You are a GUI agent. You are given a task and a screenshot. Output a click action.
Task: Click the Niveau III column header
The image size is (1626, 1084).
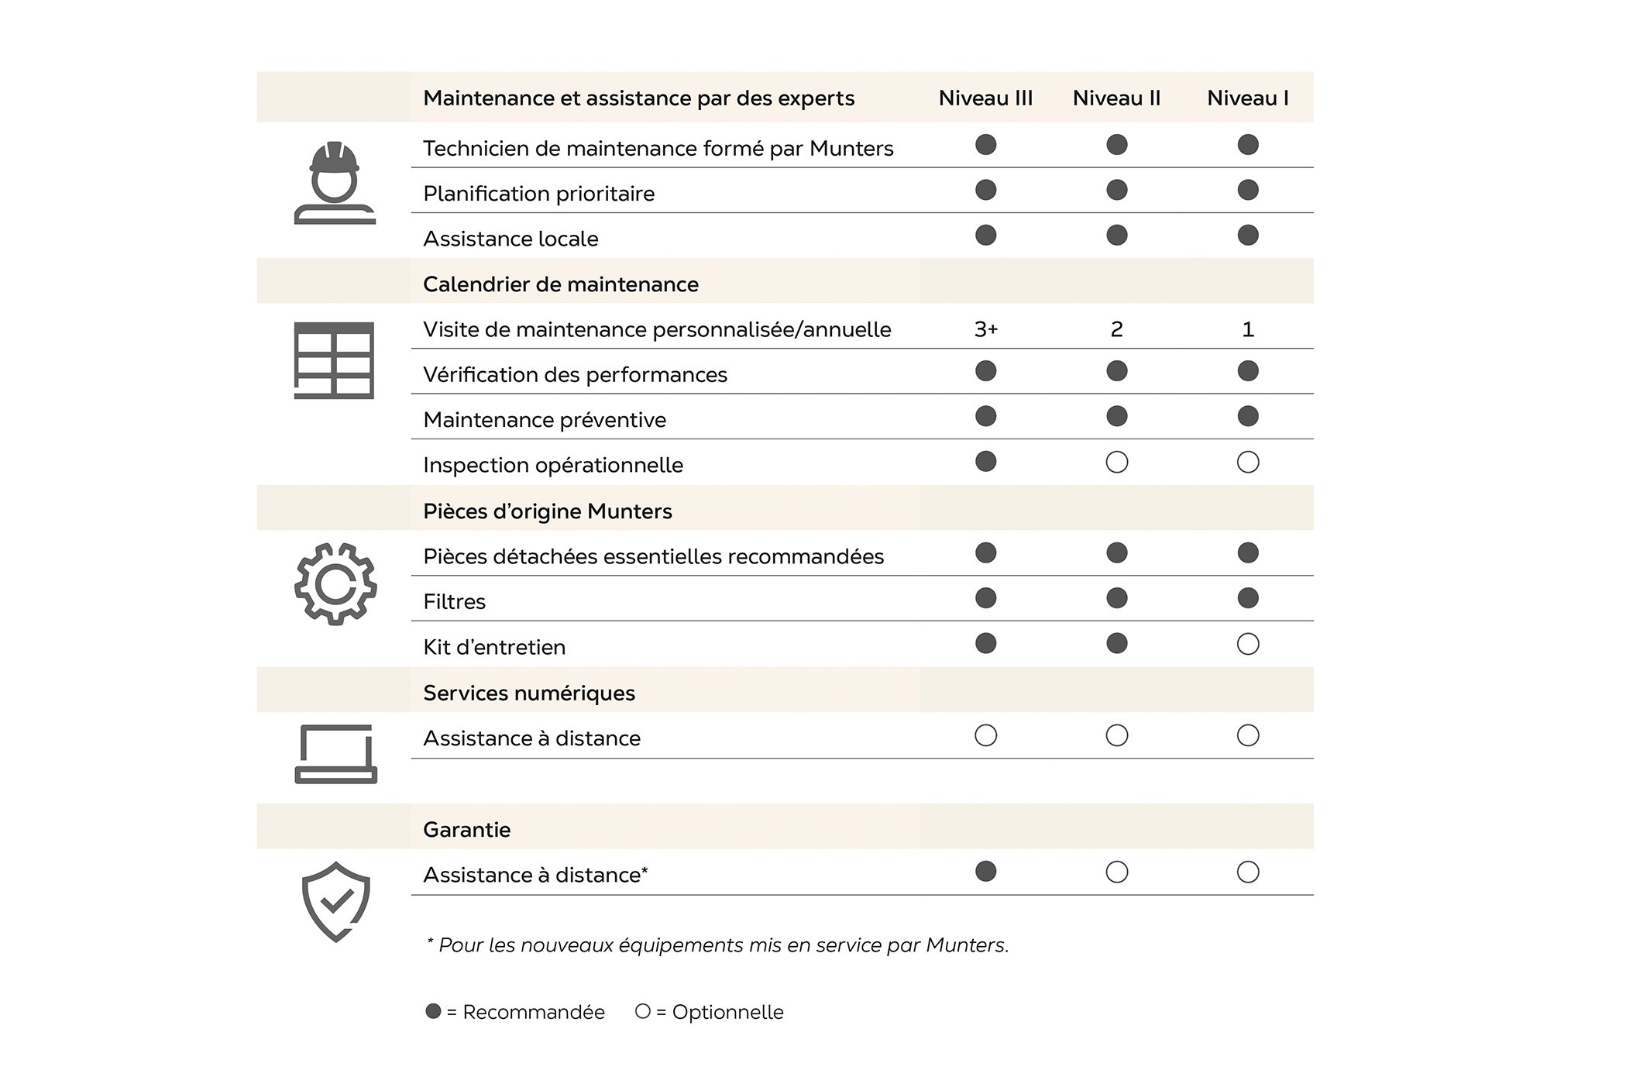click(985, 98)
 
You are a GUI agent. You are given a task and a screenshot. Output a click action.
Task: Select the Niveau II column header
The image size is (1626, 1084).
click(1116, 98)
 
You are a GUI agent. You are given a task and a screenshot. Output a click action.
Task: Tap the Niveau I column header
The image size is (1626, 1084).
click(1247, 98)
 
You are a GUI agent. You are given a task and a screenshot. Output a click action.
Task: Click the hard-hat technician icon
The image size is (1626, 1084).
click(335, 183)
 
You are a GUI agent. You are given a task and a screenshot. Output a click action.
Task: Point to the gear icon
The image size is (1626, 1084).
click(335, 584)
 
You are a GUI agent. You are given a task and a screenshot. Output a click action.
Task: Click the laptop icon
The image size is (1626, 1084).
click(335, 754)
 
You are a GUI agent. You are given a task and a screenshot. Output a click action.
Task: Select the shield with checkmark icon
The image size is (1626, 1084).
click(335, 901)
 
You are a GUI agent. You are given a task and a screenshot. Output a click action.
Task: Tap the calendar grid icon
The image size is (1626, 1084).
click(334, 360)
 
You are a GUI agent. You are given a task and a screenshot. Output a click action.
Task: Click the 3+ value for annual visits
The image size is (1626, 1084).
click(985, 329)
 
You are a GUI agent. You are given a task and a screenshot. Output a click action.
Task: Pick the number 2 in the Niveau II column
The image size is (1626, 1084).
click(1116, 329)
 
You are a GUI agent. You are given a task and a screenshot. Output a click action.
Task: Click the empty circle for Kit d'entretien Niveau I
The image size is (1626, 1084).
click(1248, 644)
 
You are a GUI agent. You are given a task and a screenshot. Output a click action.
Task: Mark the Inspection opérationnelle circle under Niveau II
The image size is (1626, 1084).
click(1116, 463)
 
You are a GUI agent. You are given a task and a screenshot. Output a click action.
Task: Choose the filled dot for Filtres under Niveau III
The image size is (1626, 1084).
click(985, 598)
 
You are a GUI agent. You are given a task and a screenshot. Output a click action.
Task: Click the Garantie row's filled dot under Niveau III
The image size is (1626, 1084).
click(985, 872)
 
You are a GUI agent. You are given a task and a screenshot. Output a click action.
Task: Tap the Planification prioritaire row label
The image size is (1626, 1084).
click(538, 194)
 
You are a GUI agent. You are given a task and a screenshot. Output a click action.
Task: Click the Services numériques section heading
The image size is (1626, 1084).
click(529, 693)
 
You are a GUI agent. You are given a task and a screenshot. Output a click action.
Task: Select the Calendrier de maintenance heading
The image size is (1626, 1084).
click(561, 284)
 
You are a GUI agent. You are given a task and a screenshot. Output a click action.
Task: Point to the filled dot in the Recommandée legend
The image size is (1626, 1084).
click(434, 1011)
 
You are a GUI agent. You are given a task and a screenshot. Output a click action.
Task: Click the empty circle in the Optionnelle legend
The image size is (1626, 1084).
click(642, 1011)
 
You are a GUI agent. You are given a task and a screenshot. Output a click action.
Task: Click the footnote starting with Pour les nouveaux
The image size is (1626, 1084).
click(718, 945)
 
